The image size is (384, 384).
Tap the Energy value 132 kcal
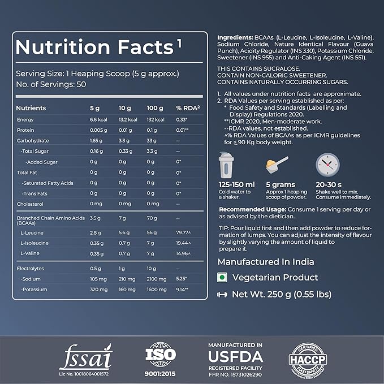tap(156, 120)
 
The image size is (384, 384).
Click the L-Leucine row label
tap(32, 232)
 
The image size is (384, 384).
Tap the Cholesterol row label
tap(30, 204)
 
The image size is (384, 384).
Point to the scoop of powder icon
tap(277, 165)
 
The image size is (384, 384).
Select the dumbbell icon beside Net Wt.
tap(222, 294)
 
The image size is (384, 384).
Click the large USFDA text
tap(235, 357)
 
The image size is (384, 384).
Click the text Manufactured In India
tap(266, 262)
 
